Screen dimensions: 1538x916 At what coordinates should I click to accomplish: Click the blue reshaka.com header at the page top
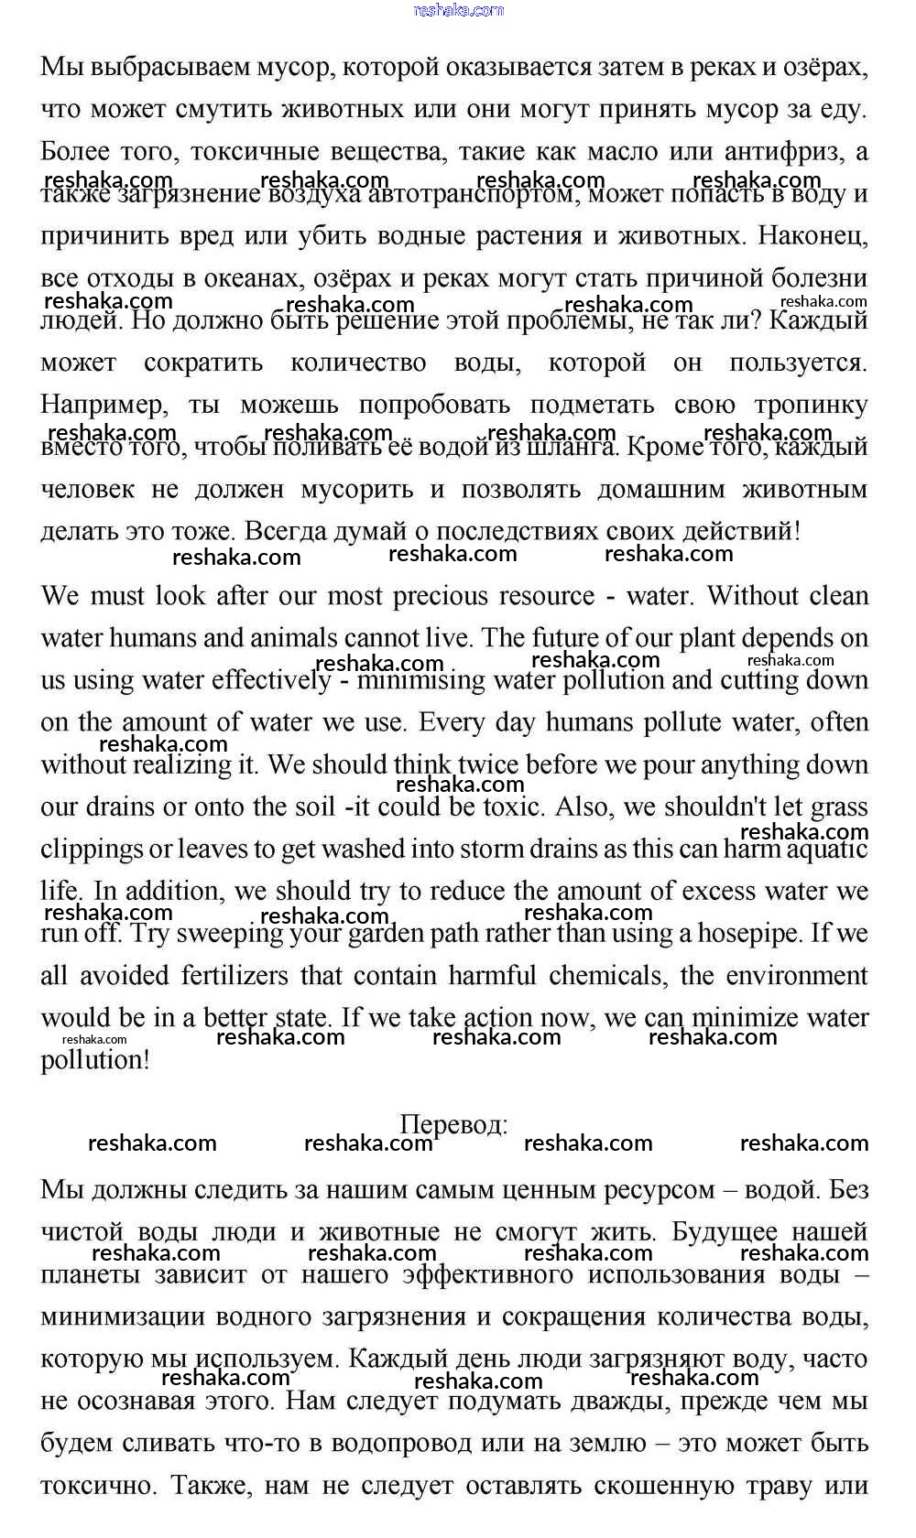click(x=458, y=10)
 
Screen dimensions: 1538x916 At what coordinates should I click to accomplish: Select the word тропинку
click(x=810, y=405)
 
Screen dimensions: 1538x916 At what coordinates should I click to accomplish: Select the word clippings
click(x=91, y=849)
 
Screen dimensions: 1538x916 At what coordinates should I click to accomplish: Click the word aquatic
click(x=820, y=849)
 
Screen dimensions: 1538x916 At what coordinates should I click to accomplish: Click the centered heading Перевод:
click(x=454, y=1124)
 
